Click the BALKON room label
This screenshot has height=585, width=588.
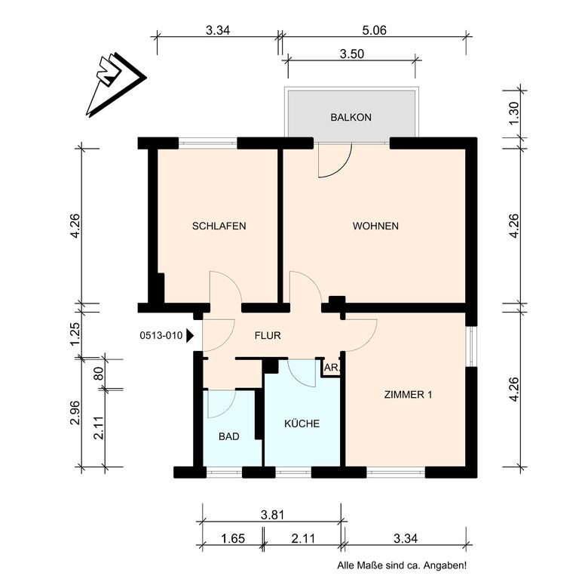point(351,118)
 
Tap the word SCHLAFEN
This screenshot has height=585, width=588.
point(219,226)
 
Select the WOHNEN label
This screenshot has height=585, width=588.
point(375,226)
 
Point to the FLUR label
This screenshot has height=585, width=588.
point(268,335)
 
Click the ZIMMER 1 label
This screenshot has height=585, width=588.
point(408,395)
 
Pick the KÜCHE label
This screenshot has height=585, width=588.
point(302,423)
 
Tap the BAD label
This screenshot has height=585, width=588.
point(228,436)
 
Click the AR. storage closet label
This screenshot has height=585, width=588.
point(332,368)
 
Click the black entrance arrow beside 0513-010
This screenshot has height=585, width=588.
point(190,336)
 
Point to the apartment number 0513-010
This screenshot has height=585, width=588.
point(161,335)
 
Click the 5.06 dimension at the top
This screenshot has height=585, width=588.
point(374,30)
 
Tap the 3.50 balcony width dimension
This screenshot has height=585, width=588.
point(352,54)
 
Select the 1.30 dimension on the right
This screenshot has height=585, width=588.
point(514,114)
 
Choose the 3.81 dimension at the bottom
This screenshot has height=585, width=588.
point(273,515)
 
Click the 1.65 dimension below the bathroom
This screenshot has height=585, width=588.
point(233,539)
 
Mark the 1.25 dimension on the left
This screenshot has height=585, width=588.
point(75,334)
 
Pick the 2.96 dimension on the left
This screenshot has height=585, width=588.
point(75,413)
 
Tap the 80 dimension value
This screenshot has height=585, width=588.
point(98,374)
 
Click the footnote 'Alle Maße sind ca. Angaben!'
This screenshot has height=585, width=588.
point(402,565)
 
